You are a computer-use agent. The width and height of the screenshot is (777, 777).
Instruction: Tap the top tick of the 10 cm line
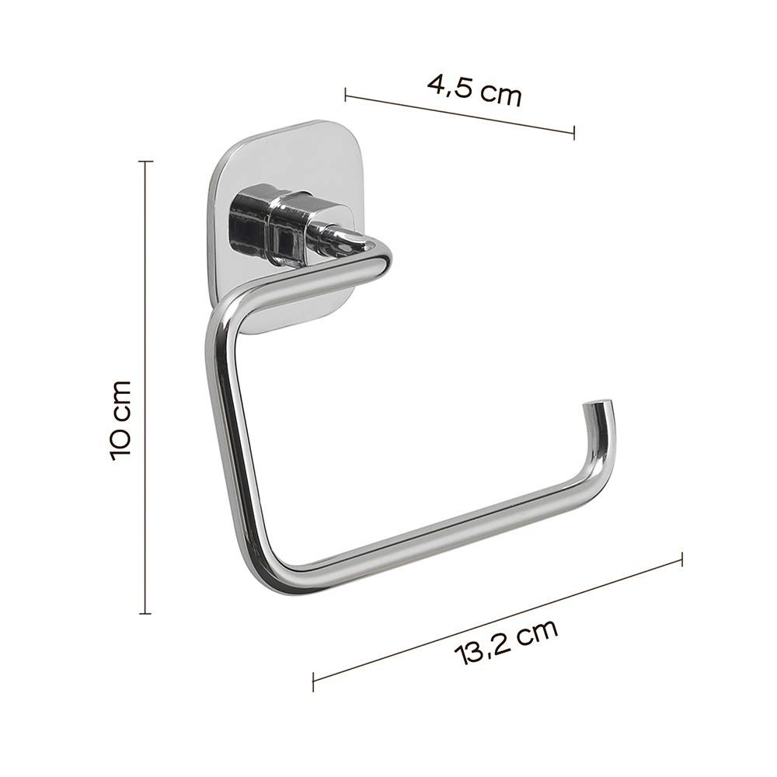(145, 161)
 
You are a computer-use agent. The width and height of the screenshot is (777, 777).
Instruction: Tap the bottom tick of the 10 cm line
(145, 614)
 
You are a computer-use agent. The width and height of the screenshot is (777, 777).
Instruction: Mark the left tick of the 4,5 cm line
(346, 95)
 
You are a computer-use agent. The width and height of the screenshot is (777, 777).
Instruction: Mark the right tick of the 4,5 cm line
(574, 133)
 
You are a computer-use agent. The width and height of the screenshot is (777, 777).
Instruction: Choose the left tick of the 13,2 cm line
(313, 681)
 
